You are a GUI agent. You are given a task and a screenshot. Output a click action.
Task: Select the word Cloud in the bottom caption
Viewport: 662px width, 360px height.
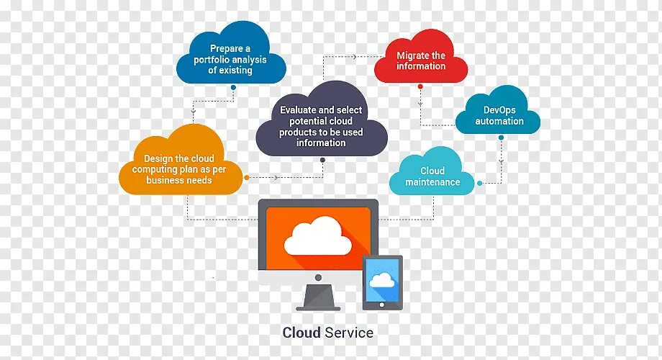pos(301,333)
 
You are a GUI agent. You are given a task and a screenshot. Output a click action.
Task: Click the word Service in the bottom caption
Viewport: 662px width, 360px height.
pos(349,333)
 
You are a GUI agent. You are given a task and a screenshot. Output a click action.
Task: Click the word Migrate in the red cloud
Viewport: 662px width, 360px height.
pos(413,55)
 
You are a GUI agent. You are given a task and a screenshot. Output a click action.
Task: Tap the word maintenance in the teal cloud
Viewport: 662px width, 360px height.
pos(432,182)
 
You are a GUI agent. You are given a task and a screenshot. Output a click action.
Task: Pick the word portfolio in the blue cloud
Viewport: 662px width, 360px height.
pos(215,60)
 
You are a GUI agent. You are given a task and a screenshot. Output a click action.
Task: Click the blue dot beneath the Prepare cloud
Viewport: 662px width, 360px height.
pos(233,87)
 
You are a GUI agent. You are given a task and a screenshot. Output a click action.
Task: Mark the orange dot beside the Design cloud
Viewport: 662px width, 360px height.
pos(246,176)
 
